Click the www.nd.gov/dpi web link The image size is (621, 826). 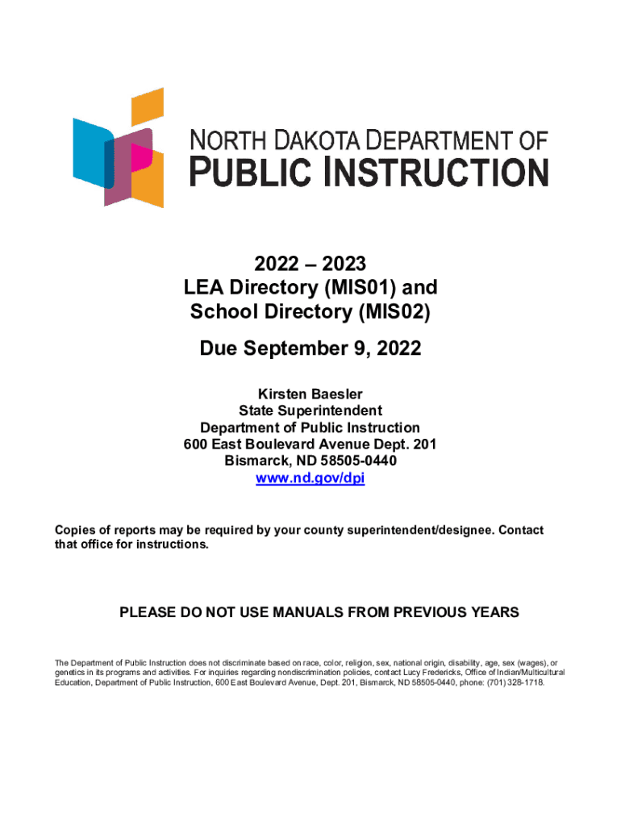pyautogui.click(x=310, y=478)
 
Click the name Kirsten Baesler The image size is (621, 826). pyautogui.click(x=310, y=394)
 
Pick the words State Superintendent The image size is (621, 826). pyautogui.click(x=310, y=411)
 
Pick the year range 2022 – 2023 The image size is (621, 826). pyautogui.click(x=310, y=264)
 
